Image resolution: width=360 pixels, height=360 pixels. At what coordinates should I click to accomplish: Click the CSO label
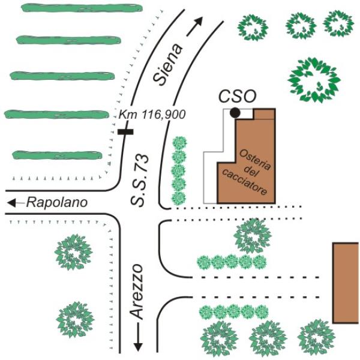237,97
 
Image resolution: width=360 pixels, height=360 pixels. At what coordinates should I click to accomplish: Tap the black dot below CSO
235,112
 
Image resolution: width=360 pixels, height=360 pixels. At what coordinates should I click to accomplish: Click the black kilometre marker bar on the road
125,131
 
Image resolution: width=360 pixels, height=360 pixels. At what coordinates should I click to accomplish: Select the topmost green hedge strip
82,8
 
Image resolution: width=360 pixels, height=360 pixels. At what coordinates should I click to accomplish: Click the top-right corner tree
338,23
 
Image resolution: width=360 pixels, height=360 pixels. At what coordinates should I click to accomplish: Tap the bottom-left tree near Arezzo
76,319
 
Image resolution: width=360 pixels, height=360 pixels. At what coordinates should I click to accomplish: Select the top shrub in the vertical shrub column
179,144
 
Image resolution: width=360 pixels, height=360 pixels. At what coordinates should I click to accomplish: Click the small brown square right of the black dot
263,114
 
